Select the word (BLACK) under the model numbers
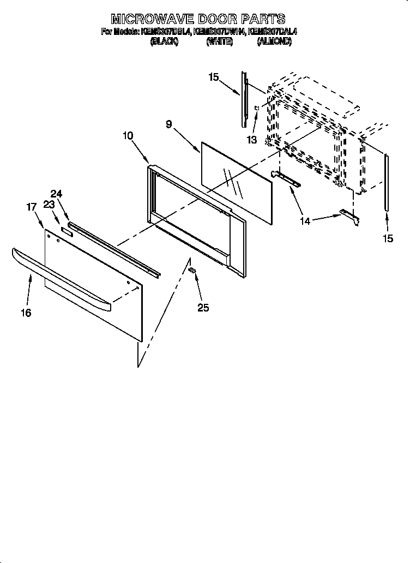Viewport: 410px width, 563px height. [x=164, y=41]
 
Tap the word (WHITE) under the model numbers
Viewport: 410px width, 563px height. [x=220, y=41]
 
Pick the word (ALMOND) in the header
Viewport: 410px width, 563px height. [x=274, y=41]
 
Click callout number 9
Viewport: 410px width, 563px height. [x=169, y=124]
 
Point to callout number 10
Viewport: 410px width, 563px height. [x=129, y=136]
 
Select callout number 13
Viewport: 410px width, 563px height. [x=251, y=140]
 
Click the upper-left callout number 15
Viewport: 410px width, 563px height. [x=213, y=77]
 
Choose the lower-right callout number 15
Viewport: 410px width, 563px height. [x=387, y=238]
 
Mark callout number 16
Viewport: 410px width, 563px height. [x=26, y=313]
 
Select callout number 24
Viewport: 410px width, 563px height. [x=57, y=193]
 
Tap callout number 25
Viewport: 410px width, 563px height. [x=203, y=308]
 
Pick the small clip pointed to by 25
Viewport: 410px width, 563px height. [x=191, y=270]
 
